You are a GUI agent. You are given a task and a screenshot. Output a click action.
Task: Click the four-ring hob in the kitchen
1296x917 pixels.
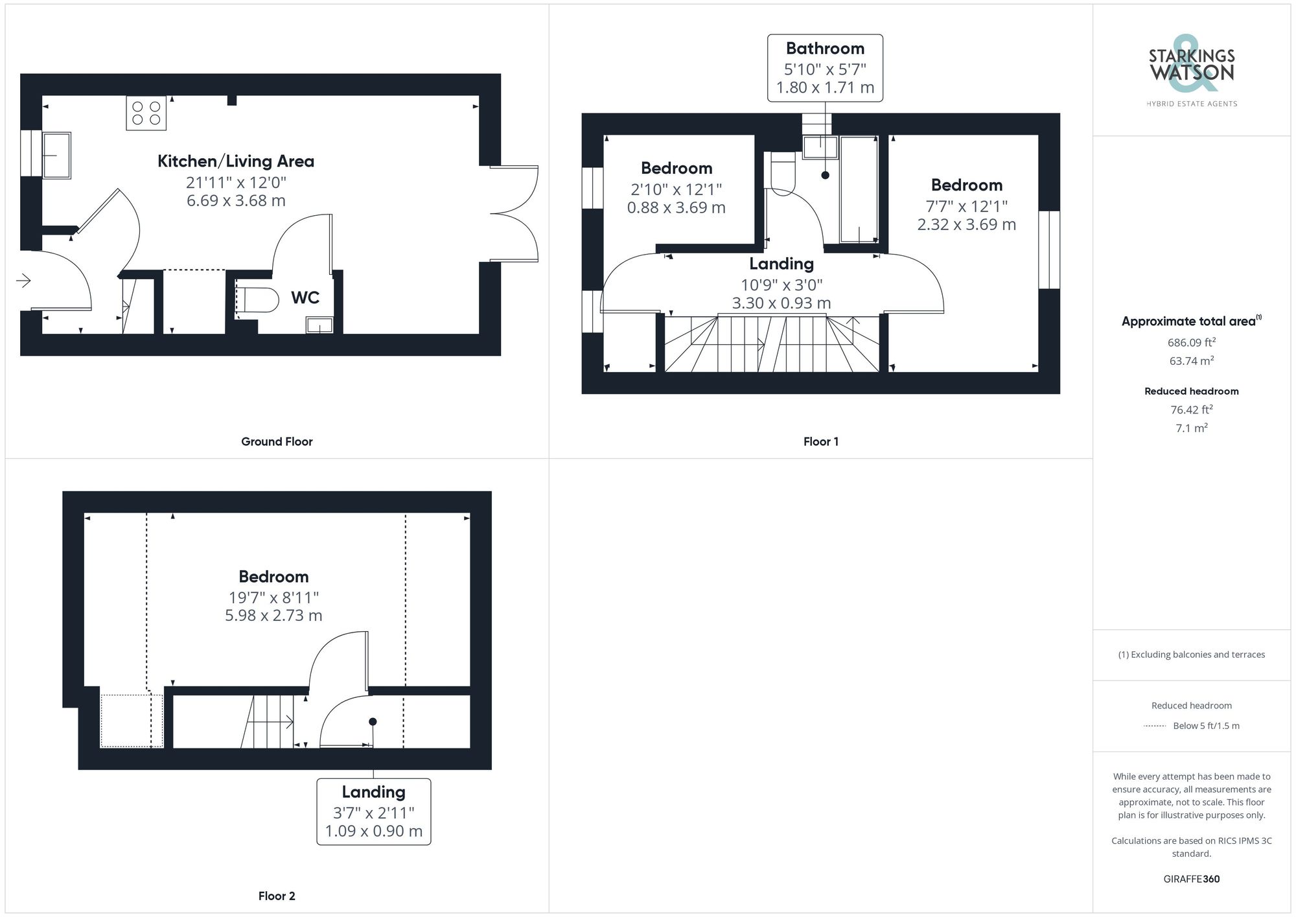tap(146, 113)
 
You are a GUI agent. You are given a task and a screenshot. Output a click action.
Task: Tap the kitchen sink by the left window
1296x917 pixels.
tap(57, 155)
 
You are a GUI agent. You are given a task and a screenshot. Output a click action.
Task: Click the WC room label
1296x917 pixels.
tap(305, 297)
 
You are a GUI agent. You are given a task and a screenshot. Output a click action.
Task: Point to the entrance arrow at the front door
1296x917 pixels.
tap(24, 281)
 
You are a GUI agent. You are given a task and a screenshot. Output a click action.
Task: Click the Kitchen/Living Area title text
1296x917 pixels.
tap(236, 161)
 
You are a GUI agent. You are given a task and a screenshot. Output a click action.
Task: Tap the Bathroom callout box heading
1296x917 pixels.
tap(825, 49)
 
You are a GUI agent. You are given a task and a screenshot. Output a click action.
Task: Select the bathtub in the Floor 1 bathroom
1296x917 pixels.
tap(859, 189)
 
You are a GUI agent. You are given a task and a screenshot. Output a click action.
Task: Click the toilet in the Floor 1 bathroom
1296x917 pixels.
tap(783, 174)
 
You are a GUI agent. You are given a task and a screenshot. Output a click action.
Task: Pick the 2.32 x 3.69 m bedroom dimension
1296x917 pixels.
tap(966, 225)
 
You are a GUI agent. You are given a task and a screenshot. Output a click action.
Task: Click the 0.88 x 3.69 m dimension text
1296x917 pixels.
tap(676, 208)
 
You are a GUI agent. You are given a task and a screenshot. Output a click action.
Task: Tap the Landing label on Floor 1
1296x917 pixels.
tap(781, 264)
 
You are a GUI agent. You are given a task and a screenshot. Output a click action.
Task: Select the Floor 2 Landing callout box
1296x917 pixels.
tap(374, 811)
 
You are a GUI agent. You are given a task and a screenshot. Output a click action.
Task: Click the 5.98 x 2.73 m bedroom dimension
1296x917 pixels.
tap(273, 616)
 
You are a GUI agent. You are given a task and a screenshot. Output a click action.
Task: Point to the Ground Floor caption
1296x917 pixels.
tap(277, 442)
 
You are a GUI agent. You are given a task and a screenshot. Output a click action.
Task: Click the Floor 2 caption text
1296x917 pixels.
tap(277, 896)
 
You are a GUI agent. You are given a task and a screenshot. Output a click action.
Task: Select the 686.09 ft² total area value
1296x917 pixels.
tap(1191, 343)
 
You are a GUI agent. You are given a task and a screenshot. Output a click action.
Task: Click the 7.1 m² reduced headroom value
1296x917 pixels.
tap(1191, 428)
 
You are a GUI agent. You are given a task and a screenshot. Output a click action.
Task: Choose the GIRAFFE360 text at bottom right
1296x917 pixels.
tap(1191, 879)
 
